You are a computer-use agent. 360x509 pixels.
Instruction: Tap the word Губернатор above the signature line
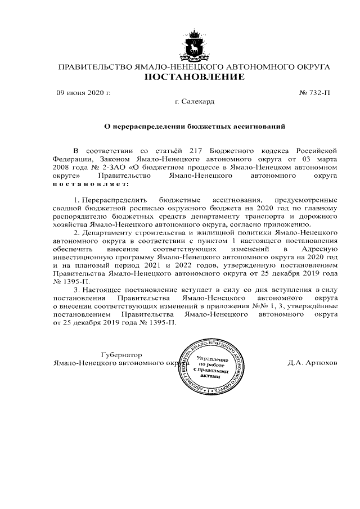click(122, 355)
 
